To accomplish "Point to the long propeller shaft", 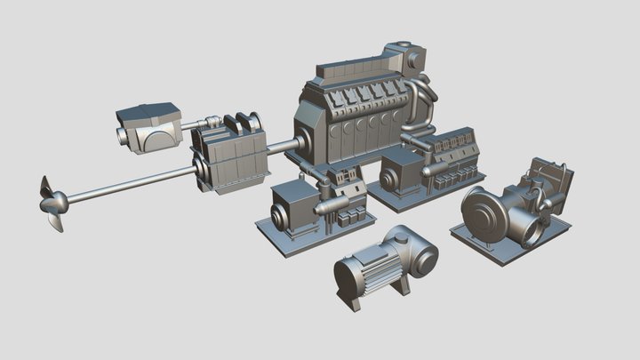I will [x=124, y=184].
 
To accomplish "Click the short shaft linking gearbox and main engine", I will [x=283, y=147].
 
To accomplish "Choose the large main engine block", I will [x=356, y=116].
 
